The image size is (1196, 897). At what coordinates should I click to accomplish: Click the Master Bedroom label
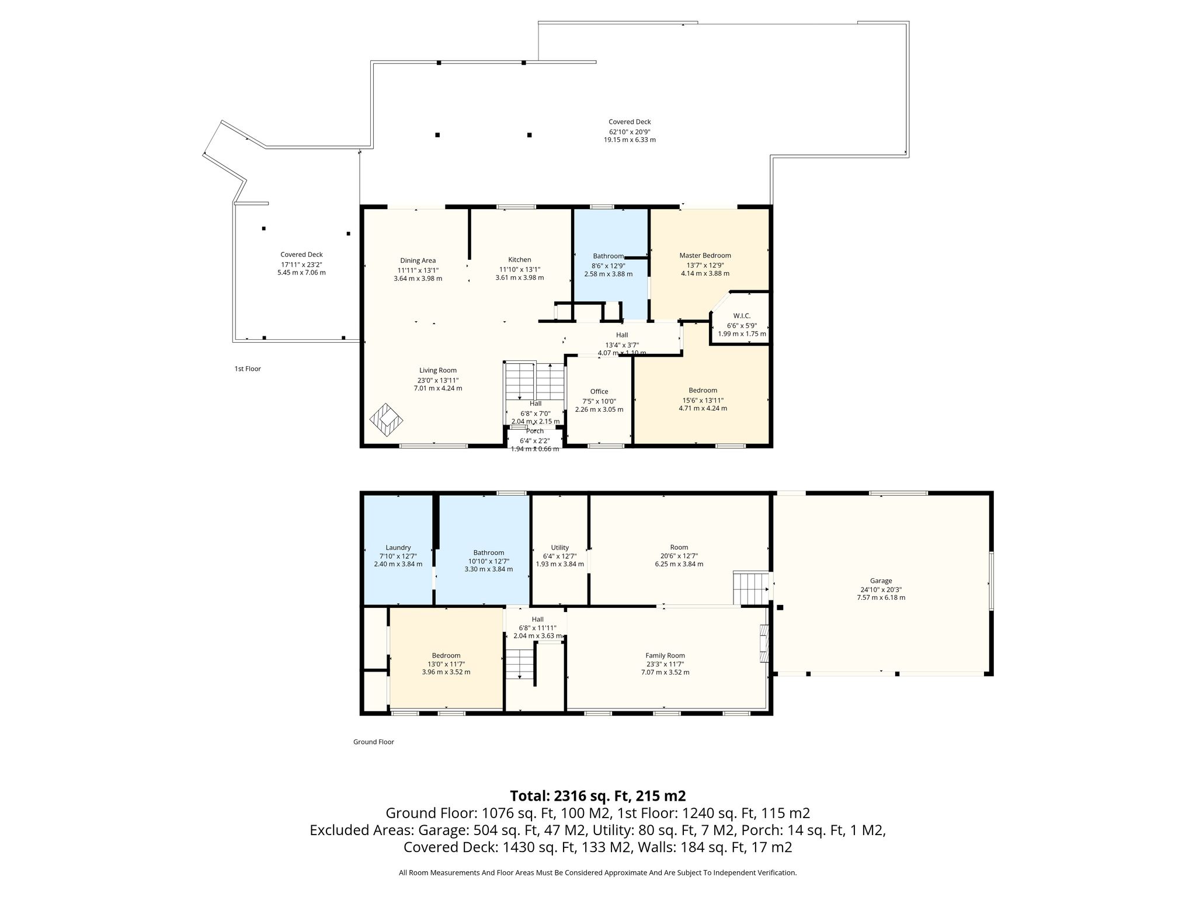[x=705, y=255]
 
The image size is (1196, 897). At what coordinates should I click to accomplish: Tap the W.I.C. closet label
[x=742, y=316]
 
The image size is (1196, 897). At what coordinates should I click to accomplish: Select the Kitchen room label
[x=519, y=260]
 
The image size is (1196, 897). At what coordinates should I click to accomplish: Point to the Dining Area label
[x=418, y=260]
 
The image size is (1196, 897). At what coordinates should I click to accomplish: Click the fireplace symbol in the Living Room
[x=387, y=420]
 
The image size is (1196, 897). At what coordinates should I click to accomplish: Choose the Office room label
[x=599, y=391]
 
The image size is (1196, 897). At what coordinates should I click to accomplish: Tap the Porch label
[x=535, y=431]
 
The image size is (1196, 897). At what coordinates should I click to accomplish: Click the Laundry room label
[x=398, y=548]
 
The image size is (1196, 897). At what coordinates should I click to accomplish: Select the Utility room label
[x=560, y=548]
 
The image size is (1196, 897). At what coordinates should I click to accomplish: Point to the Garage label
[x=881, y=580]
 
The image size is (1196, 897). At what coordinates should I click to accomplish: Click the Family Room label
[x=665, y=655]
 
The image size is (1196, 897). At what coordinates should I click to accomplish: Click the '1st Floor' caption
[x=248, y=368]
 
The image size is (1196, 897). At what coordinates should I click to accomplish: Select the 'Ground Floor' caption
[x=374, y=742]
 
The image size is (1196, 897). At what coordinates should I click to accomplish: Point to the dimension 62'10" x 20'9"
[x=630, y=131]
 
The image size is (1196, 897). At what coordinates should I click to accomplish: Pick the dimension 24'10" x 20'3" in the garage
[x=881, y=589]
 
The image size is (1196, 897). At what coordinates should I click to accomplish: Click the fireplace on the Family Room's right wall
[x=764, y=644]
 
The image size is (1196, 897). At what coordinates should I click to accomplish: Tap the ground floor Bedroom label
[x=446, y=655]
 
